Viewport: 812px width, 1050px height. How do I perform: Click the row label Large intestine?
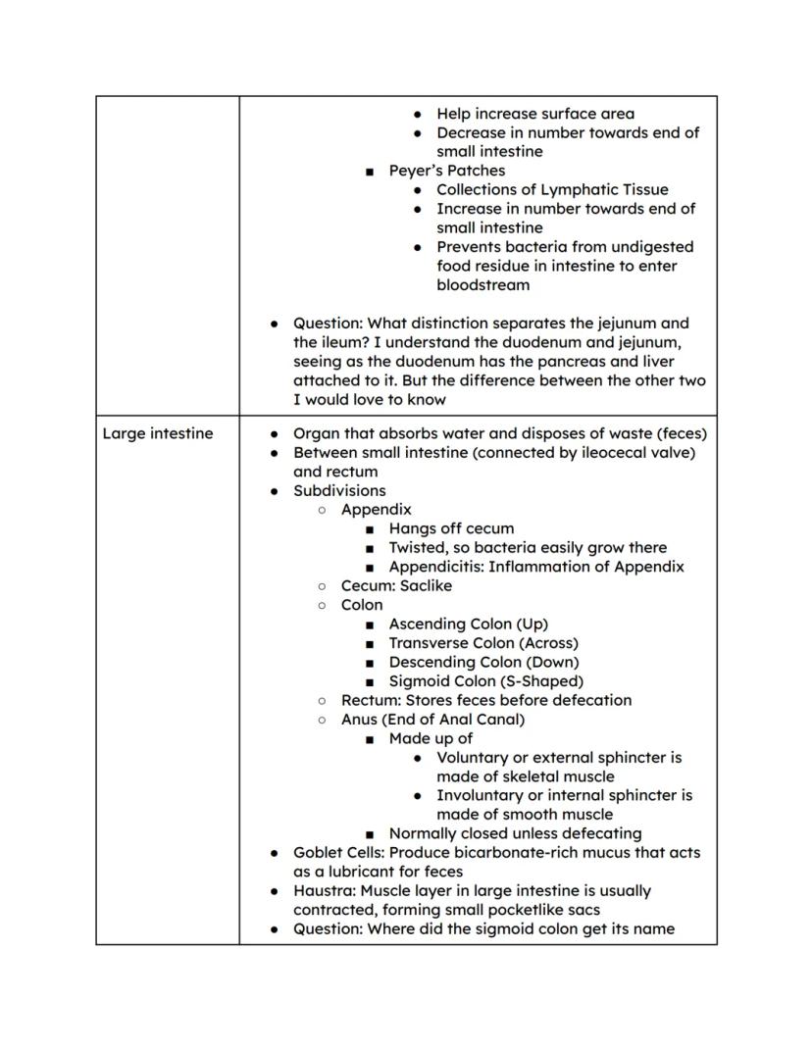pyautogui.click(x=157, y=433)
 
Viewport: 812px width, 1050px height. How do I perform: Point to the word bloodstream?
pyautogui.click(x=482, y=285)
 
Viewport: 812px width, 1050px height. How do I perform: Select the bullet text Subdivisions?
pyautogui.click(x=339, y=490)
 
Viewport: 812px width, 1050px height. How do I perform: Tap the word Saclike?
pyautogui.click(x=427, y=585)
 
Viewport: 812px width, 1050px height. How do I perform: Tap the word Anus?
pyautogui.click(x=359, y=720)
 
